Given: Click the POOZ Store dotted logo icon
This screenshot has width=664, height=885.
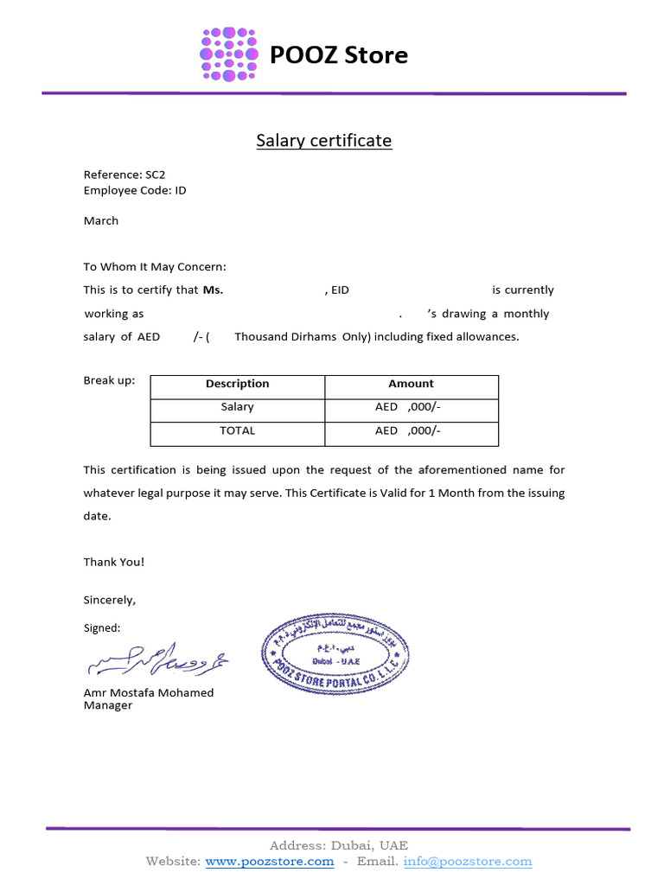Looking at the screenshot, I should (x=229, y=54).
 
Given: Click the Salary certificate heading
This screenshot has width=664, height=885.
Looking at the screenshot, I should (x=323, y=141).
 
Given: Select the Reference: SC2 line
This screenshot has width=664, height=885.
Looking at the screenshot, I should (x=124, y=175).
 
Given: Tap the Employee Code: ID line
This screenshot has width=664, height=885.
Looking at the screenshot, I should (x=134, y=190).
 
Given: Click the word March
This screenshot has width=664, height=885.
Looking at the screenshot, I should (x=101, y=220).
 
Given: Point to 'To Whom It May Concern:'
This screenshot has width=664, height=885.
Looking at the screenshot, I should (x=155, y=267).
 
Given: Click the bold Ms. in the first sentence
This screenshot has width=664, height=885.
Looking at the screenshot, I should (x=213, y=290).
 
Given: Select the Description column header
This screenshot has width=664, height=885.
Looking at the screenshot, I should (x=237, y=384).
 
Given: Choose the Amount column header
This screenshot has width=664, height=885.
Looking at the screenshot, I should (x=411, y=384).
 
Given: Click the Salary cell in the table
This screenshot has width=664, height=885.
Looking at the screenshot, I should (x=237, y=407).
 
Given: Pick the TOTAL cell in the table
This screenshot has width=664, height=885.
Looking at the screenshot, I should (x=237, y=430).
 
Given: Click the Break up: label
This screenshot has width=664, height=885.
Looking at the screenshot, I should (x=109, y=380).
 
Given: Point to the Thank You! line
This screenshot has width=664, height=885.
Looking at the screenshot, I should (x=114, y=562).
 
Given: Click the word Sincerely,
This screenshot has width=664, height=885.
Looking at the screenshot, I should (x=110, y=600).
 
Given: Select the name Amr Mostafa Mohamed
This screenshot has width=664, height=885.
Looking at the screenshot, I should (x=148, y=692).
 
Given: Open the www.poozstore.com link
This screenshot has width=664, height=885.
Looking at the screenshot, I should (x=270, y=862).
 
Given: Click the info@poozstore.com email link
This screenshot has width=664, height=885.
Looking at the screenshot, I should (x=468, y=862).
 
